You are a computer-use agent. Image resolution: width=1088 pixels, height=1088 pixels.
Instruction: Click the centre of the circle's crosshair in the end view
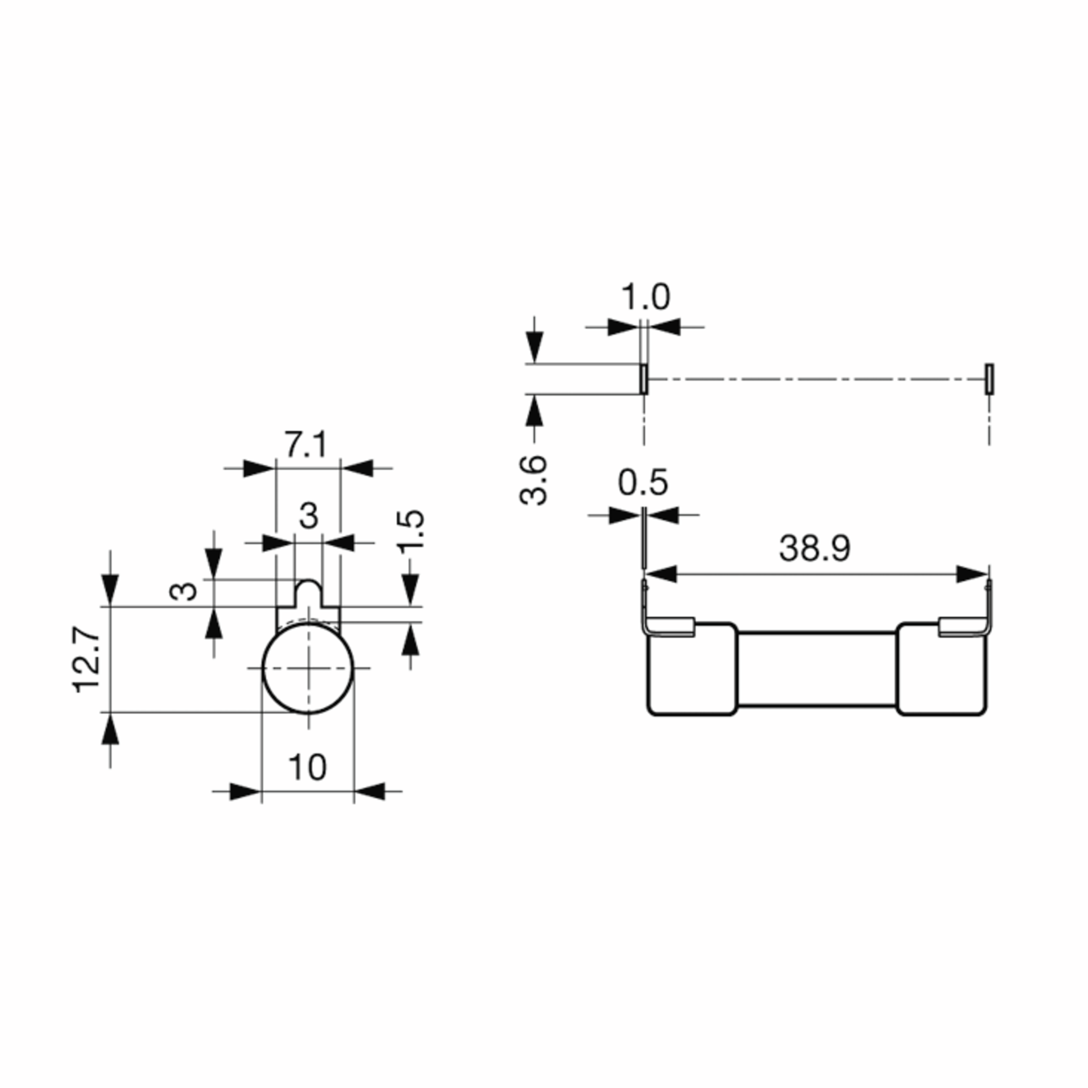tap(308, 668)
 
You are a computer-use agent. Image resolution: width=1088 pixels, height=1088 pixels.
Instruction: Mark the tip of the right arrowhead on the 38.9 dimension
tap(988, 575)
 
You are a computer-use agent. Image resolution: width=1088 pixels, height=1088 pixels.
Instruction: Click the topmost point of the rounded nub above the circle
tap(308, 579)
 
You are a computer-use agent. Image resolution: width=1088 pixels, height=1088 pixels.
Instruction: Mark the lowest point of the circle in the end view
tap(308, 714)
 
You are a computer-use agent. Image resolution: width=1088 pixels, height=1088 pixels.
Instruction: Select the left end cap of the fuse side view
tap(692, 669)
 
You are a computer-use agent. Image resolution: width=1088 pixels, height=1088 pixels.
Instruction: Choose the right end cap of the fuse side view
tap(942, 669)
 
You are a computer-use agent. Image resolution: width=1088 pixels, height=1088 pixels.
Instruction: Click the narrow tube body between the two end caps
tap(816, 669)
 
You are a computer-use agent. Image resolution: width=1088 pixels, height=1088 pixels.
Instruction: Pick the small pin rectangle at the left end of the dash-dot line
tap(644, 379)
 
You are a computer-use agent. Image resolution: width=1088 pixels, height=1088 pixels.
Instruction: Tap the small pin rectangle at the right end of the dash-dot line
tap(989, 379)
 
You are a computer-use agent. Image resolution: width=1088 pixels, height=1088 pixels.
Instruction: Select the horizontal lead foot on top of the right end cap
tap(957, 628)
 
